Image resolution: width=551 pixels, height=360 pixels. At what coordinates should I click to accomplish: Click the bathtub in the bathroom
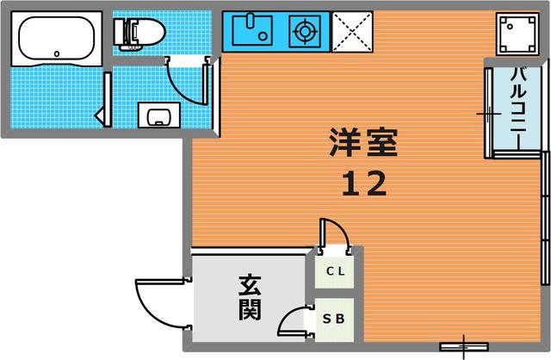tap(57, 39)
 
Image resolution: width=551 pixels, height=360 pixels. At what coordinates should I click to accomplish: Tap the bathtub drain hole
tap(57, 53)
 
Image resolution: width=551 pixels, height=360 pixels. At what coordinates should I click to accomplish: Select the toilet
tap(139, 34)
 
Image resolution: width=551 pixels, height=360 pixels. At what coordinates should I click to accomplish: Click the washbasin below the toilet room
tap(158, 115)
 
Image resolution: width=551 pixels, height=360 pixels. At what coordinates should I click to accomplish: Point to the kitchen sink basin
tap(252, 31)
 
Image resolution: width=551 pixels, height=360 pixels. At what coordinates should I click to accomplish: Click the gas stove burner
tap(305, 31)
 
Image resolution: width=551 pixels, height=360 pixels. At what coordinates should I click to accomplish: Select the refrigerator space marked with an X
tap(352, 32)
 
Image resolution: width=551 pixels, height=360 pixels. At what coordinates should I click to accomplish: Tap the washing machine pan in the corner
tap(517, 34)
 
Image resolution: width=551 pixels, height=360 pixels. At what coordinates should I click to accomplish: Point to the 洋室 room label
tap(363, 142)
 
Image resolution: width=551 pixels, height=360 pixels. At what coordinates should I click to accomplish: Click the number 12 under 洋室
tap(364, 183)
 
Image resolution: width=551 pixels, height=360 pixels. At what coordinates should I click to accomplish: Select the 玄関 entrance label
tap(250, 297)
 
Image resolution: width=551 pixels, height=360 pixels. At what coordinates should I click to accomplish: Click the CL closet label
tap(335, 271)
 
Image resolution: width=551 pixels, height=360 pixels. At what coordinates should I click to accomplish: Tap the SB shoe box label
tap(334, 319)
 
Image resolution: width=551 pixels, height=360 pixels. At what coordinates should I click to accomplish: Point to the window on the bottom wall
tap(464, 346)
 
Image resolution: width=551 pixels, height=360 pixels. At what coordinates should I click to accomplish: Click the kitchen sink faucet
tap(250, 21)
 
